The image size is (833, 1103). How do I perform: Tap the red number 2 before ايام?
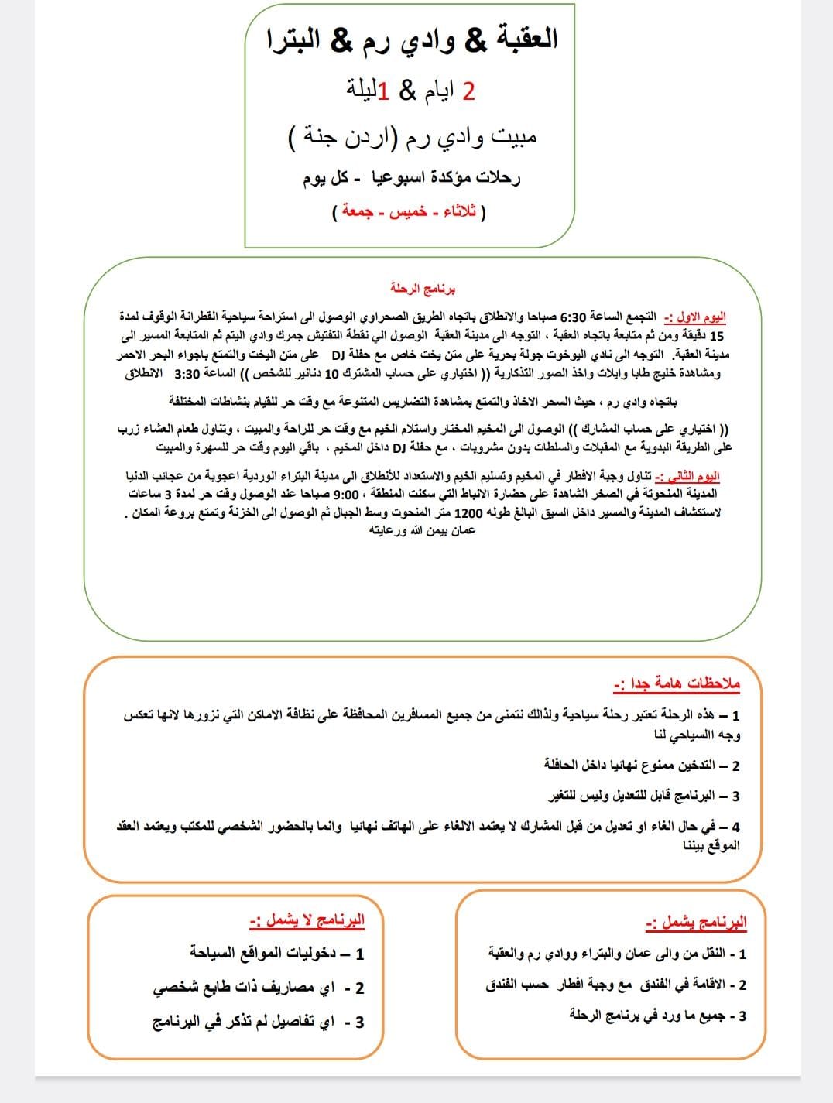click(x=468, y=91)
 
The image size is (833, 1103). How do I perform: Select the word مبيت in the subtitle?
click(x=511, y=137)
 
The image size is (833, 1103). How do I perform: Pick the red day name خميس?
click(x=408, y=211)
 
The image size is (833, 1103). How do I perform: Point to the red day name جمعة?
click(x=361, y=211)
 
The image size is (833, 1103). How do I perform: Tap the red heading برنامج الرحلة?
click(x=423, y=289)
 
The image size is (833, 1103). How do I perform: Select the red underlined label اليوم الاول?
click(x=701, y=317)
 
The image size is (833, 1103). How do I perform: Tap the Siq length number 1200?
click(x=468, y=512)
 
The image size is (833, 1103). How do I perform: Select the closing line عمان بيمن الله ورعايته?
click(x=423, y=531)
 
